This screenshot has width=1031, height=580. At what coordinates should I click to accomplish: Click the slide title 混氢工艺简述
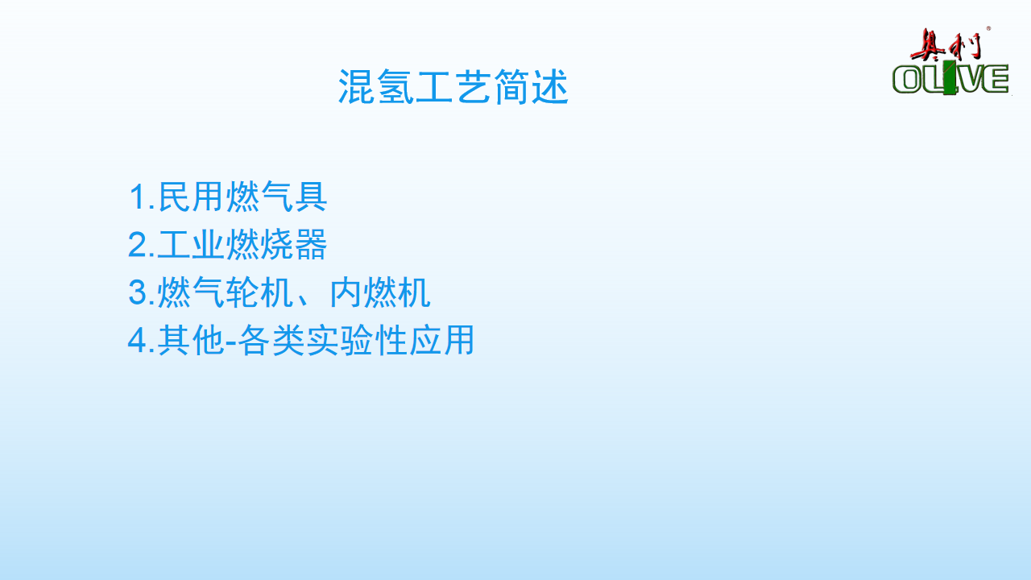tap(453, 87)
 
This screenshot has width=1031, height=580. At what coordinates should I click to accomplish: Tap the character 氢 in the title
tap(395, 87)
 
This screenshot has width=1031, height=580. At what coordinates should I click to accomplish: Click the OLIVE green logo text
tap(950, 79)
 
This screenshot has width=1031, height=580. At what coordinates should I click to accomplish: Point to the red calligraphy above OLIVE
tap(946, 44)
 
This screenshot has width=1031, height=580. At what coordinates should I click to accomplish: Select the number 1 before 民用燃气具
tap(138, 197)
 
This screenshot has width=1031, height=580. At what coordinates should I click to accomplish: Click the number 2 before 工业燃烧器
tap(138, 245)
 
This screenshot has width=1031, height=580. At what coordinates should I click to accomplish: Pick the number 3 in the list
tap(138, 292)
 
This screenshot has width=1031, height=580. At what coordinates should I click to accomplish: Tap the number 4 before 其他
tap(138, 340)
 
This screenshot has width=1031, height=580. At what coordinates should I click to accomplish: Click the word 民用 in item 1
tap(191, 197)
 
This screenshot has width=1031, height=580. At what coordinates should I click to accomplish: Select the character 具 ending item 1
tap(311, 197)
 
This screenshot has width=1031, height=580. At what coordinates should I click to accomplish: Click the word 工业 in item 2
tap(191, 245)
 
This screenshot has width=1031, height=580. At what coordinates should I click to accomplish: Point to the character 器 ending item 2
tap(311, 245)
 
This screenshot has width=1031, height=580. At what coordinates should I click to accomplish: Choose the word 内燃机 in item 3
tap(380, 292)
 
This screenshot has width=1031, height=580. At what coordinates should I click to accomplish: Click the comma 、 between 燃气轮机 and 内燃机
tap(304, 300)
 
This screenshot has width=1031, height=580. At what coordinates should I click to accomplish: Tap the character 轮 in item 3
tap(242, 292)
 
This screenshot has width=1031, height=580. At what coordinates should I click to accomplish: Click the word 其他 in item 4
tap(191, 340)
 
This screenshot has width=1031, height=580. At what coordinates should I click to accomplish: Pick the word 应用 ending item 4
tap(441, 340)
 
